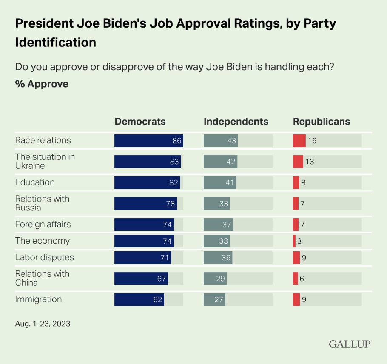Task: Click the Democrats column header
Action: (x=140, y=122)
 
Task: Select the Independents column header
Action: (x=236, y=122)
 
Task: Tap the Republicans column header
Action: (x=322, y=122)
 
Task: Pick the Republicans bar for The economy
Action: (x=294, y=241)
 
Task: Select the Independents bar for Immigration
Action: (x=215, y=299)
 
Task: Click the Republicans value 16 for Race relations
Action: (x=312, y=141)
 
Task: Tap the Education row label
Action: (x=35, y=182)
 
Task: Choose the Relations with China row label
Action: (x=42, y=278)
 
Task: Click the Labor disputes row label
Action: (x=44, y=257)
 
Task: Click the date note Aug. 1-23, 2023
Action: (x=43, y=324)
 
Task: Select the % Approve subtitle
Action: (x=42, y=84)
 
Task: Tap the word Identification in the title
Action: (x=55, y=43)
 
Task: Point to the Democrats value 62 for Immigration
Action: (x=158, y=299)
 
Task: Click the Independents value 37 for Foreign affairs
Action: (x=224, y=224)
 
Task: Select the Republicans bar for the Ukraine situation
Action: (x=298, y=162)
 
